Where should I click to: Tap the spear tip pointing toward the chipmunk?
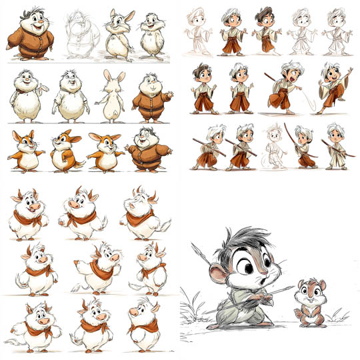tap(291, 287)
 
